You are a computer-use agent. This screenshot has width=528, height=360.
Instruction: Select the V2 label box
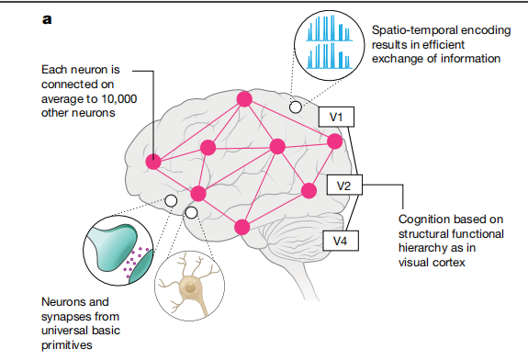343,186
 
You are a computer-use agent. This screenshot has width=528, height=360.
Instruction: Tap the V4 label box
340,241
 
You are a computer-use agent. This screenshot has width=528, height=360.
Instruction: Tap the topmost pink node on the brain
244,98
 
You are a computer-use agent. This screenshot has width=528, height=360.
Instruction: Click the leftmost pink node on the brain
153,162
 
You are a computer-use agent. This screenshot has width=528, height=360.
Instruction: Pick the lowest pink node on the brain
242,226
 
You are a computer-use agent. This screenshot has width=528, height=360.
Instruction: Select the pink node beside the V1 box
334,141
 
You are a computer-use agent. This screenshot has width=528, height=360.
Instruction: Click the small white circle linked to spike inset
295,107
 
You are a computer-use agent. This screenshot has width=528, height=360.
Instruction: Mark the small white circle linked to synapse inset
170,200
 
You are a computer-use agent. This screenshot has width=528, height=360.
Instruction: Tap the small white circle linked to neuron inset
191,213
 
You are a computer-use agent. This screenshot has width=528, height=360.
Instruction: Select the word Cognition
426,219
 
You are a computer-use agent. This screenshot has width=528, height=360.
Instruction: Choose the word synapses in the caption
67,317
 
